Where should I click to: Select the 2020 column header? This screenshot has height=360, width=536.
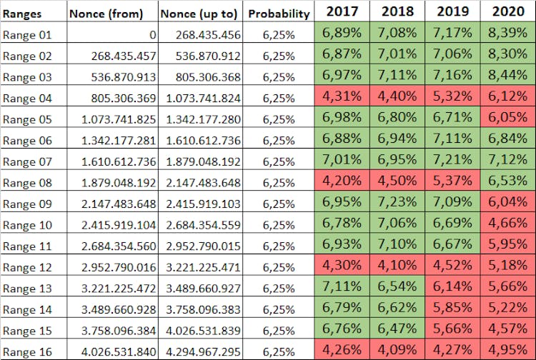(x=508, y=11)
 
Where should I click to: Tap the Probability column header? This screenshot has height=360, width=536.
(x=279, y=13)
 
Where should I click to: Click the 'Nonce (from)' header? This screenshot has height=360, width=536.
(x=106, y=13)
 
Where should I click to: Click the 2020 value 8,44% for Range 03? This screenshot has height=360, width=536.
(x=508, y=76)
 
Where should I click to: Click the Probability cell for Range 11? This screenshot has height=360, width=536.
(x=279, y=246)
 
